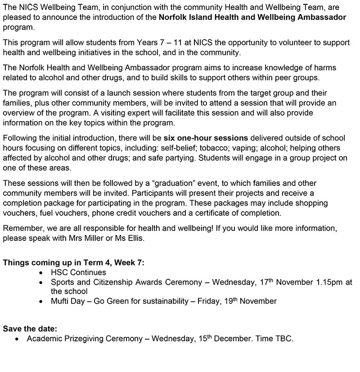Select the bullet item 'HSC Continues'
78,272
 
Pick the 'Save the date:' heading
30,329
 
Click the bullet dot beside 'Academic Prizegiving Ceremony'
17,339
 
